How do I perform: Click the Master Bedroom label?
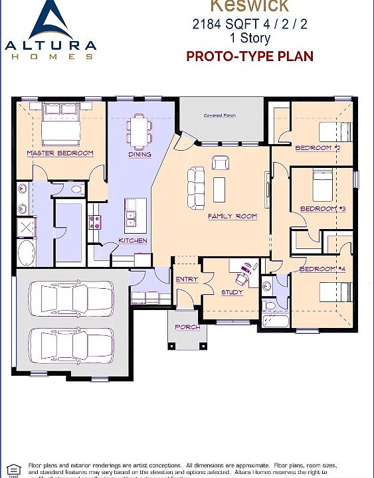point(60,153)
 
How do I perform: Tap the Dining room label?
point(140,155)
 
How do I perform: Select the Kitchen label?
point(132,240)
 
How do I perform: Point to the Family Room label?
point(232,216)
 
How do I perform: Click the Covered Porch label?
point(219,116)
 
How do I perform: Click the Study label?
point(231,292)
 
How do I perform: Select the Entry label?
point(187,279)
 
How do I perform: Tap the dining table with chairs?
point(140,130)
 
